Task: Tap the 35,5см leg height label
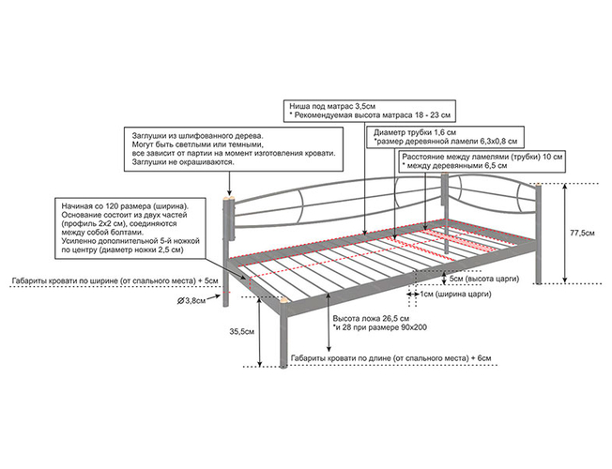coord(241,332)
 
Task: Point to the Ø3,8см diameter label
coord(191,300)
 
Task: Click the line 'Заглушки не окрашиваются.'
coord(186,161)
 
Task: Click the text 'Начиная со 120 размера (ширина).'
coord(124,205)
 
